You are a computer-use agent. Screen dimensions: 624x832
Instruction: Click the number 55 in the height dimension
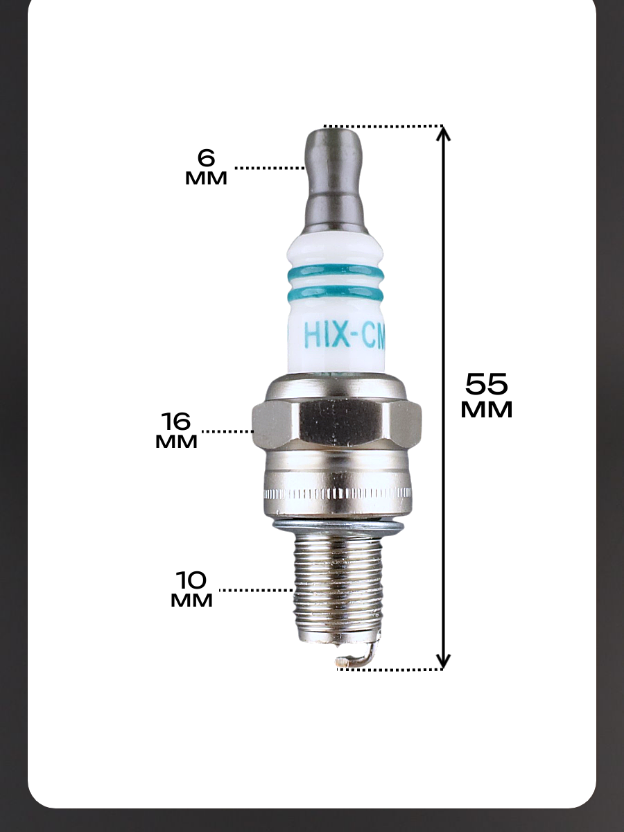(486, 384)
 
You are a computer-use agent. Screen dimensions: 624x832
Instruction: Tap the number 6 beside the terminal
(206, 157)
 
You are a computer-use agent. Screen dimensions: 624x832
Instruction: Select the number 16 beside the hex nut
(176, 421)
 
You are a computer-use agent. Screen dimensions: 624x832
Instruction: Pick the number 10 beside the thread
(191, 580)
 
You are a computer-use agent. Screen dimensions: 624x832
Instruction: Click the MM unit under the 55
(487, 410)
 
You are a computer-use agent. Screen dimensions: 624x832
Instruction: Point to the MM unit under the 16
(176, 442)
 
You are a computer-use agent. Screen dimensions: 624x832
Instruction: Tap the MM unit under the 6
(206, 178)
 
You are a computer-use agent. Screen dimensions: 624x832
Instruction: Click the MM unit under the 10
(191, 601)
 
